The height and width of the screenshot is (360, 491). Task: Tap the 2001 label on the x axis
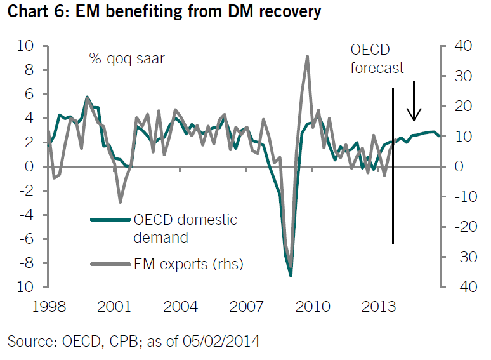(x=114, y=307)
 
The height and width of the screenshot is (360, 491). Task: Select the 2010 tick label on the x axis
(x=312, y=307)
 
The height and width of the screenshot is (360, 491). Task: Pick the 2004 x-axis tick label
(x=180, y=307)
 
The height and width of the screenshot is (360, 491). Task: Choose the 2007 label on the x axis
(x=246, y=307)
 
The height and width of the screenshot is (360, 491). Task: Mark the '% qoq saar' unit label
(x=128, y=59)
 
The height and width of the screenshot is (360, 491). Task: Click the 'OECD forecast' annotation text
(x=377, y=59)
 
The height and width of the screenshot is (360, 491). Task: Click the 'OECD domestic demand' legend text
(x=185, y=229)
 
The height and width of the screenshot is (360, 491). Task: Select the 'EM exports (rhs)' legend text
(x=188, y=263)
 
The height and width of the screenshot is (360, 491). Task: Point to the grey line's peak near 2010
(x=307, y=57)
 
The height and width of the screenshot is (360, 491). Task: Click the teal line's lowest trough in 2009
(x=291, y=275)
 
